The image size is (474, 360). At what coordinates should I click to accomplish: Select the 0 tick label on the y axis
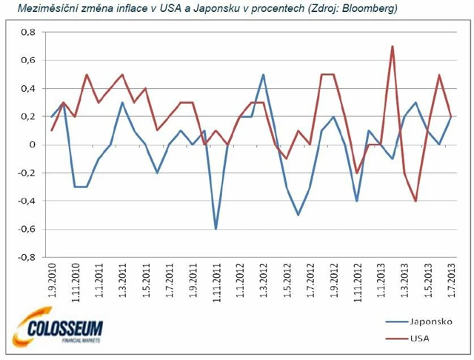31,145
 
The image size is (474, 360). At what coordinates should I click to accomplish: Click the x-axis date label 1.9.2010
52,281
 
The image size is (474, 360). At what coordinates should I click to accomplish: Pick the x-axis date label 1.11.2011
216,280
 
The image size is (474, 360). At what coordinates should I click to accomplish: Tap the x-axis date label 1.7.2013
451,281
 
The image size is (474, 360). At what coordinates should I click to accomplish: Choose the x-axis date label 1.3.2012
263,281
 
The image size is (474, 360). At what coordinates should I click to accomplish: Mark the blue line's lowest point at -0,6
216,229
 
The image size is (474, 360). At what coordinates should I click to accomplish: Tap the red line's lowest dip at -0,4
415,201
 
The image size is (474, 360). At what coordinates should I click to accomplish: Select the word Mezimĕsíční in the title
36,10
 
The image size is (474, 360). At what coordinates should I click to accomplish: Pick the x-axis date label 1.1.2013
381,281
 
